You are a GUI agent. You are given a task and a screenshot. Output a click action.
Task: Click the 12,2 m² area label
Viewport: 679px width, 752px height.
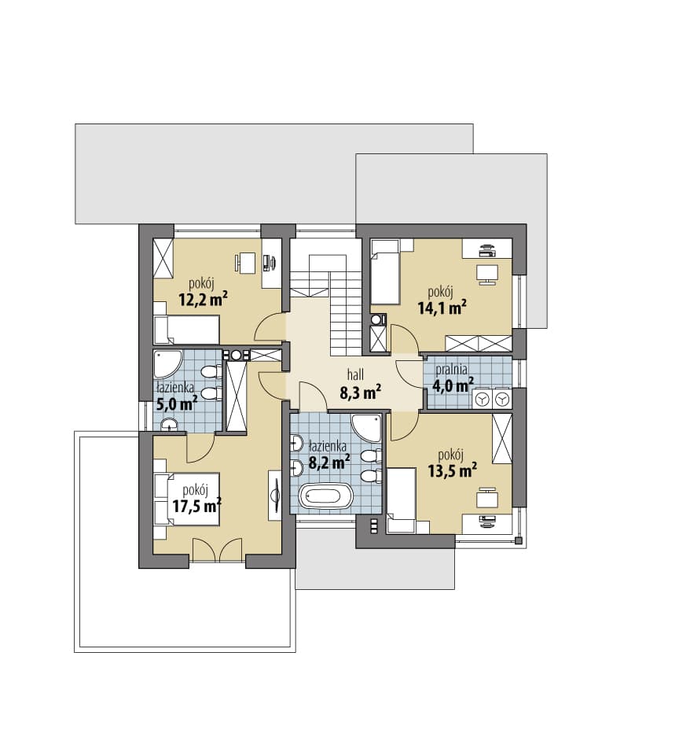pos(203,300)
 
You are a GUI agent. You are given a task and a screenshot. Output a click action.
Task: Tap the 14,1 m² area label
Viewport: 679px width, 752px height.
pos(442,308)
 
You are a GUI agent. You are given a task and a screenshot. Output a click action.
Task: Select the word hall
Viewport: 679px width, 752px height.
pos(355,374)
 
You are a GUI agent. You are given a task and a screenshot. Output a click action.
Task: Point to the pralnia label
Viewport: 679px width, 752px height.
pos(451,370)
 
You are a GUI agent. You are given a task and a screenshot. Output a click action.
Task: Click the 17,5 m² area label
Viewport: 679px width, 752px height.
pos(197,506)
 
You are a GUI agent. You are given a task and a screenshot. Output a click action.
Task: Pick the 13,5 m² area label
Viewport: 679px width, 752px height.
pos(453,470)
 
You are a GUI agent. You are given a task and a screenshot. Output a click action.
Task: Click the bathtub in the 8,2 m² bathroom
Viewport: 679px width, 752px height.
pos(326,496)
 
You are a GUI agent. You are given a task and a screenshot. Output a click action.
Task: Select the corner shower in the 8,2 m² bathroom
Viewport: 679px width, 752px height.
pos(366,428)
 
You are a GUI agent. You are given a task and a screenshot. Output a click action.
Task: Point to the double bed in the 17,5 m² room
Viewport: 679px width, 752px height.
pos(187,499)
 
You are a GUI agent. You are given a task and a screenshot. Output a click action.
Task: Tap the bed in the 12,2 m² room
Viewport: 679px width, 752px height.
pos(187,330)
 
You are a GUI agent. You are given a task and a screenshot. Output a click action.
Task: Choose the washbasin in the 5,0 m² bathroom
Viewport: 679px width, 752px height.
pos(169,425)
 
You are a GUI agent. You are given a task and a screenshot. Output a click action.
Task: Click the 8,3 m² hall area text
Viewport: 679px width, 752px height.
pos(361,393)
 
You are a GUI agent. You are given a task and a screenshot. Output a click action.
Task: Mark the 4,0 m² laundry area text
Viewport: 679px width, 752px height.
pos(453,385)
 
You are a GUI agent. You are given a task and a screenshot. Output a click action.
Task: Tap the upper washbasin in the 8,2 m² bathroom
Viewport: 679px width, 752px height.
pos(296,443)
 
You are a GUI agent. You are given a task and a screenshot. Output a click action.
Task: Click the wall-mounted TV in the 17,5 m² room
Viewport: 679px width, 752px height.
pos(276,496)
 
